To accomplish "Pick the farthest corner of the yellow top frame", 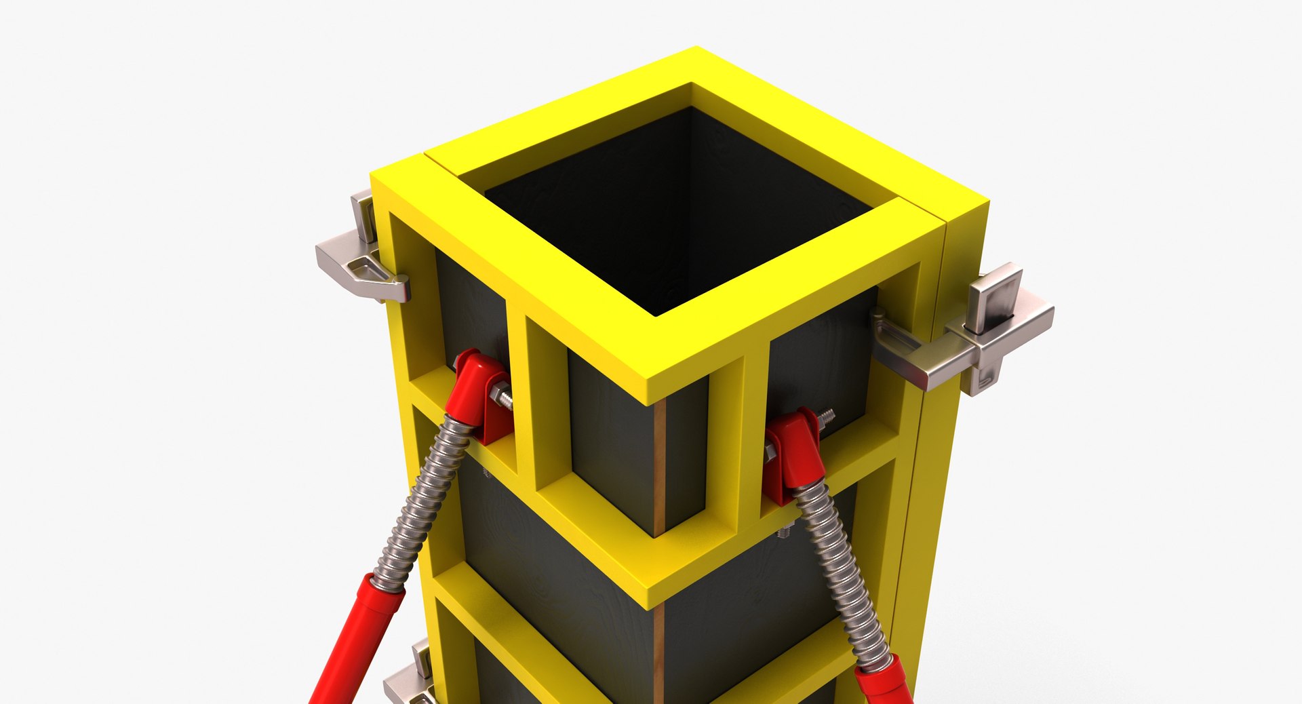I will (695, 51).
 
